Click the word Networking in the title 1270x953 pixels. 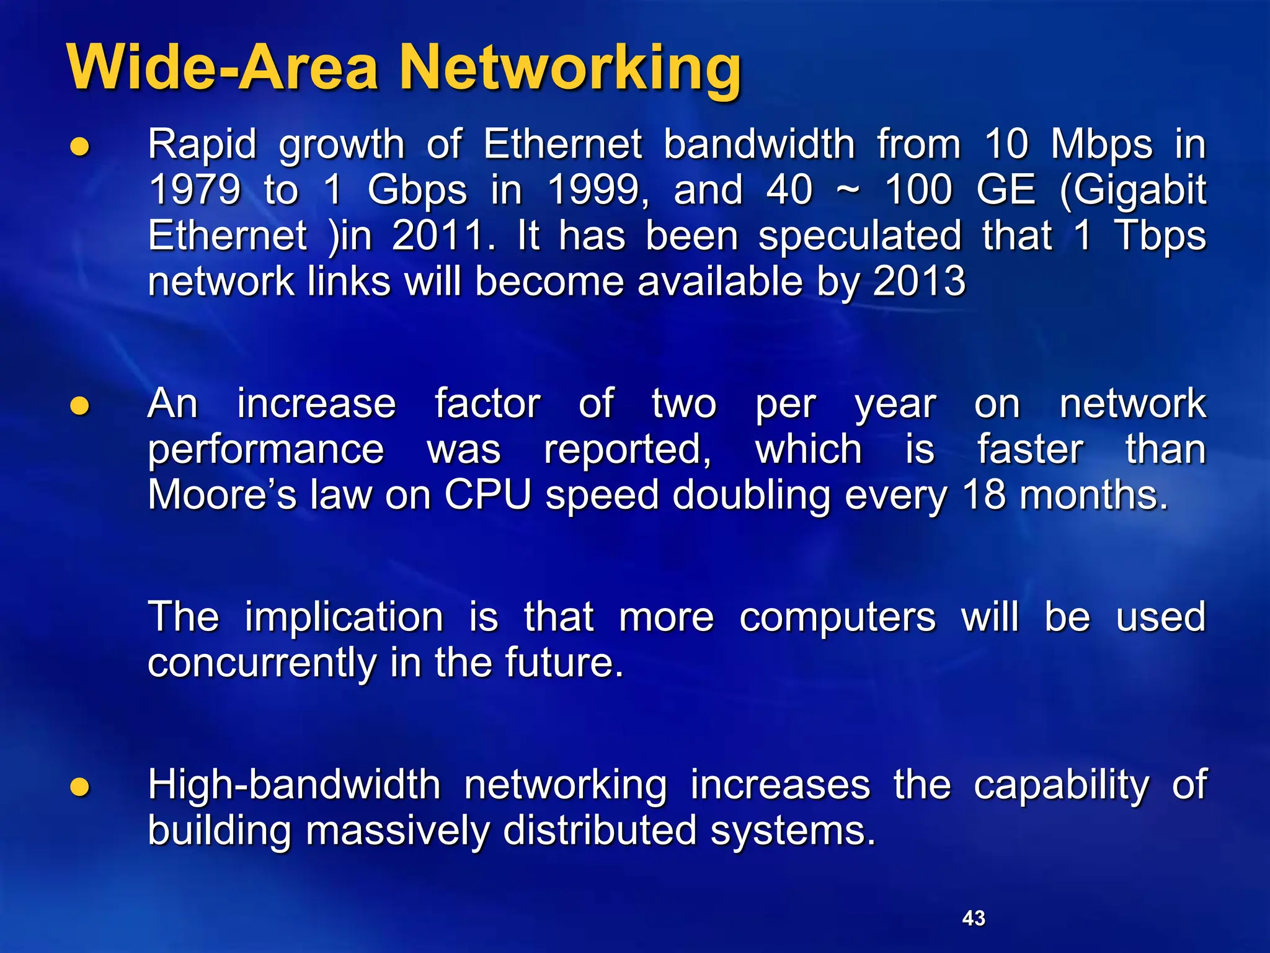(x=571, y=68)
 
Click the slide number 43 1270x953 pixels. (x=974, y=918)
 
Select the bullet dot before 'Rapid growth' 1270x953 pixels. (x=80, y=147)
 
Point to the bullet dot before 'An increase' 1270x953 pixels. (x=80, y=406)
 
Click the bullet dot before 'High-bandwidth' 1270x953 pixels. (x=80, y=787)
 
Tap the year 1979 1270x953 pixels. (x=195, y=189)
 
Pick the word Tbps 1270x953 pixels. (x=1160, y=236)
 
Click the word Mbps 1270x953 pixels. (x=1102, y=145)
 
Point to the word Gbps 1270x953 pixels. (x=417, y=190)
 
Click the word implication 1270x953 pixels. (x=344, y=617)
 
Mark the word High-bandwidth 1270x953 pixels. (x=294, y=784)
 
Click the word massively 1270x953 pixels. (x=397, y=831)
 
